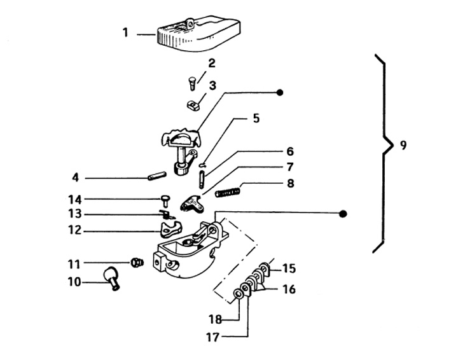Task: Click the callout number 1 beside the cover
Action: pyautogui.click(x=125, y=32)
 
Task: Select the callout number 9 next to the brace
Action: pyautogui.click(x=403, y=145)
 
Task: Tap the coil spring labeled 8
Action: pyautogui.click(x=228, y=193)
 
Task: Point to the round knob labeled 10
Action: pyautogui.click(x=111, y=277)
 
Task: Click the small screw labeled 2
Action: pyautogui.click(x=192, y=83)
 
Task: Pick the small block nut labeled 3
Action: pyautogui.click(x=193, y=104)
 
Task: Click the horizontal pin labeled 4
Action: pyautogui.click(x=157, y=176)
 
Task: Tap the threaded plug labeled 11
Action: pyautogui.click(x=136, y=262)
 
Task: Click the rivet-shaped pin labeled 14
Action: pyautogui.click(x=165, y=201)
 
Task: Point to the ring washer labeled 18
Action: pyautogui.click(x=237, y=293)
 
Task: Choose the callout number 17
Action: pyautogui.click(x=212, y=337)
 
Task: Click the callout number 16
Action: pyautogui.click(x=289, y=289)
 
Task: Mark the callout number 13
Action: pyautogui.click(x=74, y=214)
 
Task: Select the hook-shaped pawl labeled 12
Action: pyautogui.click(x=170, y=229)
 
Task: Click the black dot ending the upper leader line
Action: pyautogui.click(x=280, y=93)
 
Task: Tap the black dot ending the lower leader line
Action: pyautogui.click(x=343, y=214)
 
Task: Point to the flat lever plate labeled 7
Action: pyautogui.click(x=192, y=203)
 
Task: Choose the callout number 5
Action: pyautogui.click(x=256, y=118)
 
